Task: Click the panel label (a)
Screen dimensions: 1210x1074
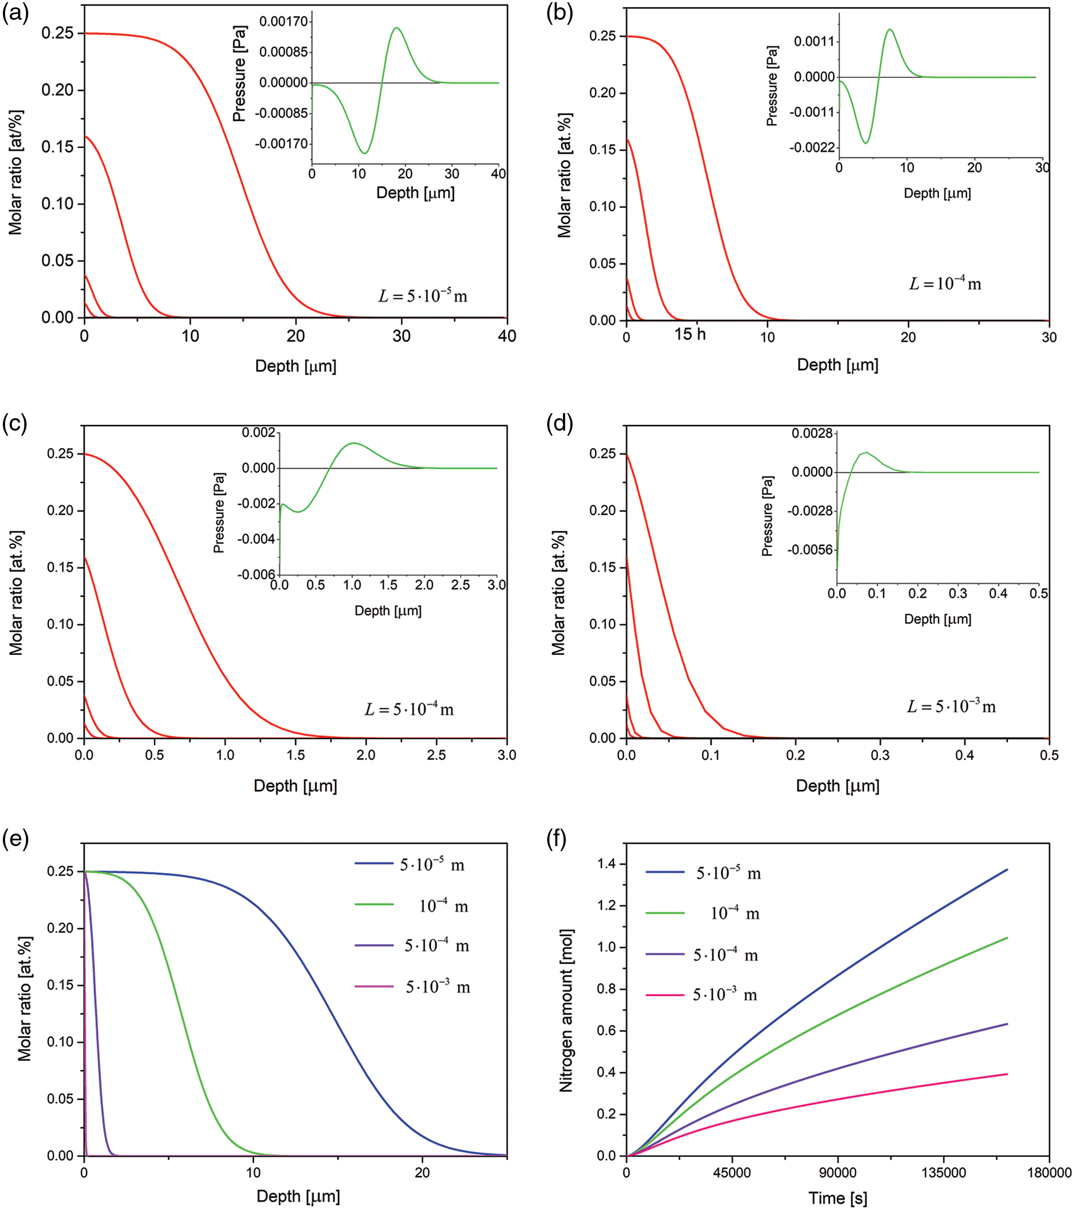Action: click(x=15, y=13)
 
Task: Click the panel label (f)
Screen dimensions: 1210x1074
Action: click(x=557, y=840)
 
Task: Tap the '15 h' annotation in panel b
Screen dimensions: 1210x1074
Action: click(x=690, y=335)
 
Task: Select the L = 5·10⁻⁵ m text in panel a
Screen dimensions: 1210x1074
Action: click(x=423, y=296)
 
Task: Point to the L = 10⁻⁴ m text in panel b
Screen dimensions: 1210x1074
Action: click(x=945, y=284)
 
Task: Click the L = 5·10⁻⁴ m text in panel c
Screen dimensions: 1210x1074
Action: click(x=409, y=709)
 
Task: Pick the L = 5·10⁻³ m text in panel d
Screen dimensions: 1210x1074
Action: click(x=951, y=706)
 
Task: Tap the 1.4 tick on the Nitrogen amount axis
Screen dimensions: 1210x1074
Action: click(x=607, y=865)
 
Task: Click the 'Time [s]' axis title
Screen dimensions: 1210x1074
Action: click(x=838, y=1198)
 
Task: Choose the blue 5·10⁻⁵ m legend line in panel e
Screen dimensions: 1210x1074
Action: click(x=374, y=864)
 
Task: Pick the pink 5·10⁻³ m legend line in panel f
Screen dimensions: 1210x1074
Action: click(x=665, y=995)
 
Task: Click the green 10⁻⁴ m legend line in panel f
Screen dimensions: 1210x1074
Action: click(x=665, y=913)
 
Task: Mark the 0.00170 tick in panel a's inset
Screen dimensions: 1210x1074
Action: click(x=284, y=22)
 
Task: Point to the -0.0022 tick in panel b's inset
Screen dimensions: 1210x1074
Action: click(x=812, y=148)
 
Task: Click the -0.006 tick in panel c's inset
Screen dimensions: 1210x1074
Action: click(x=257, y=574)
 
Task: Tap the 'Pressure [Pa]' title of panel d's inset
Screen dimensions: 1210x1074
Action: click(x=767, y=515)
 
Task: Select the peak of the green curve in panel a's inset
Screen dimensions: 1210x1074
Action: click(x=396, y=28)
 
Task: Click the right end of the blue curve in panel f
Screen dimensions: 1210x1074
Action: click(x=1007, y=870)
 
